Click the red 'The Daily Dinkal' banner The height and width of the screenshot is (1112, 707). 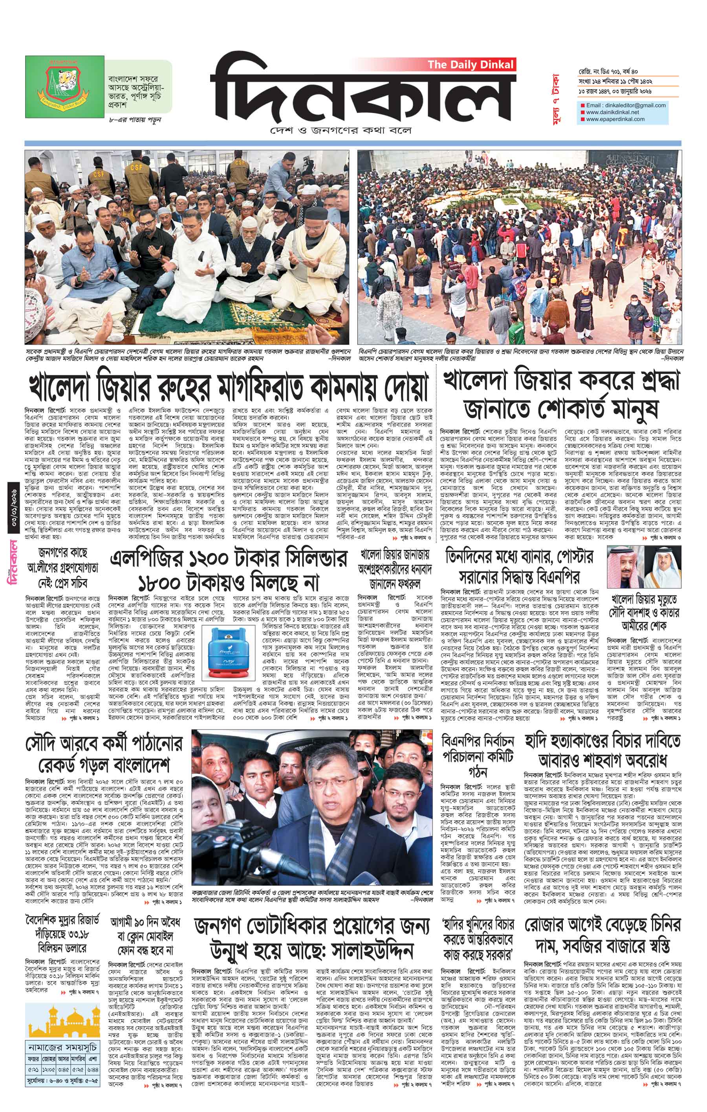[x=470, y=64]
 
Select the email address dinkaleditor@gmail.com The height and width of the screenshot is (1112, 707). [x=626, y=105]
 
